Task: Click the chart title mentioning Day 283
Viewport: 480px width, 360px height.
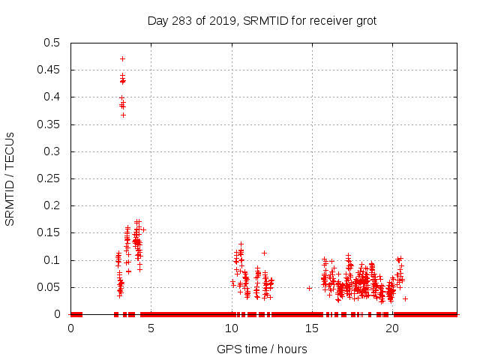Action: (262, 20)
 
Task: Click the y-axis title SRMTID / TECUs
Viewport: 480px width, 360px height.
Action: (10, 178)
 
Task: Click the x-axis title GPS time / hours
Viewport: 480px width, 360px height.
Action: (262, 349)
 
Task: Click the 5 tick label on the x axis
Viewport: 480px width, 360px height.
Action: (151, 329)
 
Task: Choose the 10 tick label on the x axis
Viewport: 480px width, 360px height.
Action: (232, 329)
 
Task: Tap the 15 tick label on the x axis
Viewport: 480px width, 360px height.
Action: (312, 329)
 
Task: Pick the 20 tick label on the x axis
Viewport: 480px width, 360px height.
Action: (392, 329)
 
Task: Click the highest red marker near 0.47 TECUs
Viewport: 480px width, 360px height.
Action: (122, 58)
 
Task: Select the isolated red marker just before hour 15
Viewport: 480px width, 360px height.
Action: (309, 288)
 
